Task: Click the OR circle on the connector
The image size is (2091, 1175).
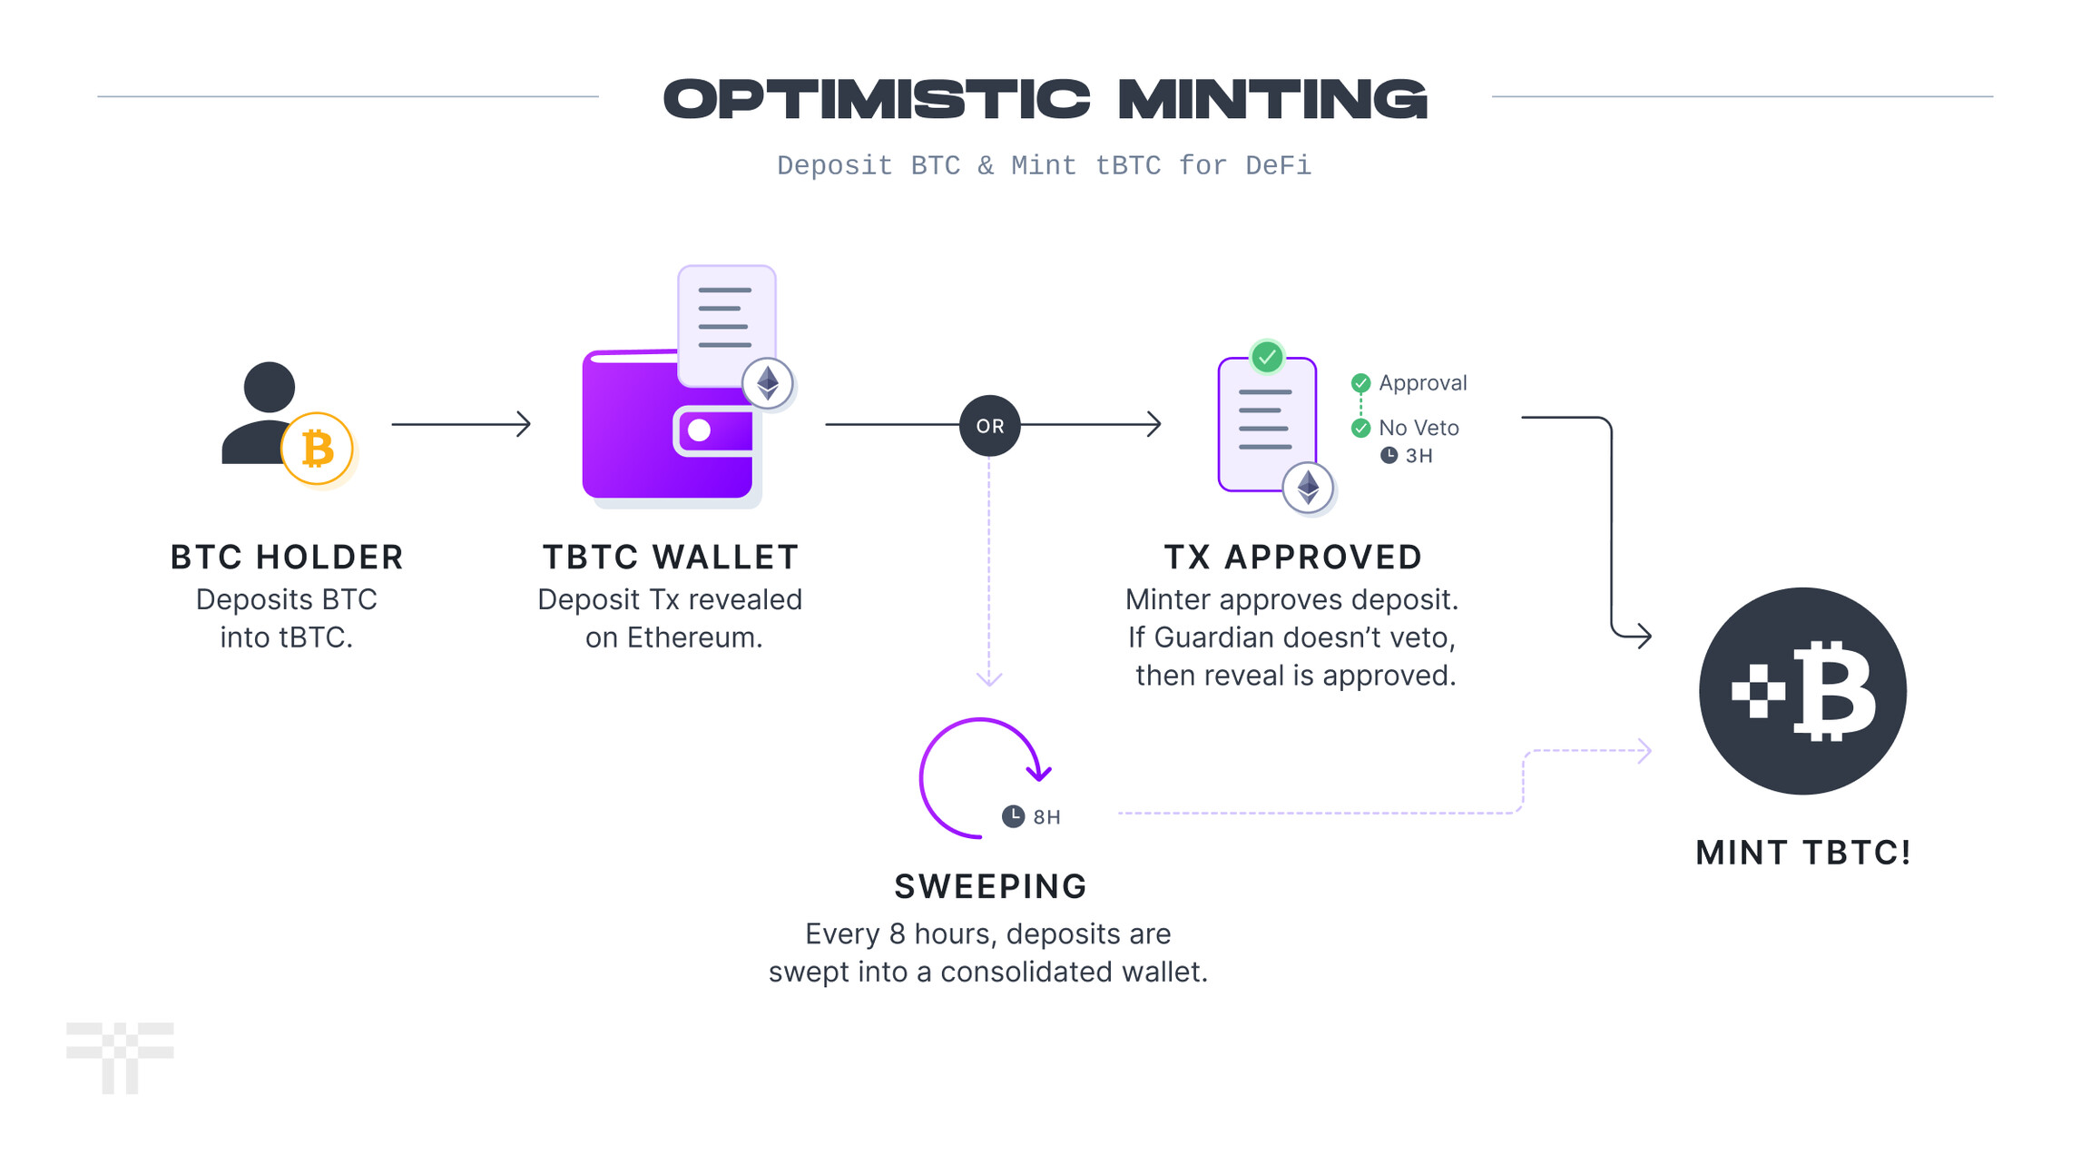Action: click(989, 425)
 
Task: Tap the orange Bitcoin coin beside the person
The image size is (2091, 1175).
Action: click(317, 449)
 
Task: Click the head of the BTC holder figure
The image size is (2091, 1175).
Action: click(270, 387)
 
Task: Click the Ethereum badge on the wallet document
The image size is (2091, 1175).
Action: click(768, 383)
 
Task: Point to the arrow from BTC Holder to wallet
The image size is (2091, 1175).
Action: click(461, 423)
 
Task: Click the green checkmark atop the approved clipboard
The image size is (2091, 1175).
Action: click(1267, 357)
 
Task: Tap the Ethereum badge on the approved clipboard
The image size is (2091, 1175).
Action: click(1308, 488)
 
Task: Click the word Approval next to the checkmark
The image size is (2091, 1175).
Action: click(1422, 383)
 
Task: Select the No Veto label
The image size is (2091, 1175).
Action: click(1419, 428)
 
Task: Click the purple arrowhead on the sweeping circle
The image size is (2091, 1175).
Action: click(1039, 773)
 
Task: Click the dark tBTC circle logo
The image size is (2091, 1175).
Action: click(1802, 691)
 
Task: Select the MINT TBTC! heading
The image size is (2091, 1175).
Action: click(1803, 853)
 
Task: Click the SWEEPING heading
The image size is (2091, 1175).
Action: click(990, 886)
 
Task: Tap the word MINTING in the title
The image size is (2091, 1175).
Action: click(1272, 99)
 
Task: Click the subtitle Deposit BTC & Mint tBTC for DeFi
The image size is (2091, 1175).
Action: click(1044, 165)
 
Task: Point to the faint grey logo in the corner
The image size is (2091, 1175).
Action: click(120, 1058)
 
